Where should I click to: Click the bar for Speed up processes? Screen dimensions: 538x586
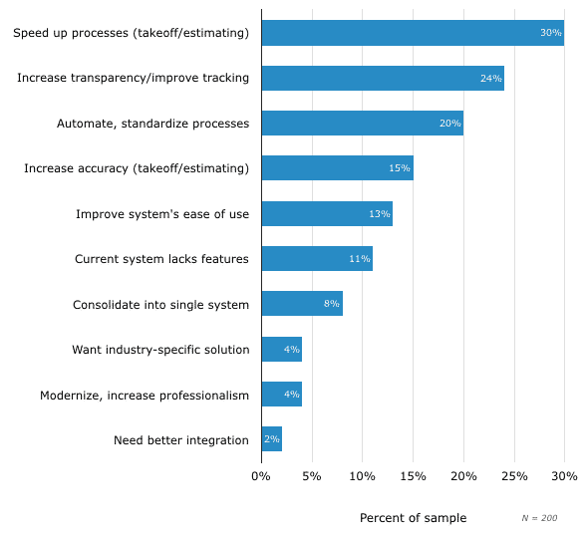(412, 33)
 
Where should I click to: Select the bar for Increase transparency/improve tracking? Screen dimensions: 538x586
(382, 78)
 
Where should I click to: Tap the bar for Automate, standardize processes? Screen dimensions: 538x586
(362, 124)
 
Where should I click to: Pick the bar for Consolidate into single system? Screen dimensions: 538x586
(301, 304)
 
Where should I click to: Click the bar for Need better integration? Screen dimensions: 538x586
(271, 439)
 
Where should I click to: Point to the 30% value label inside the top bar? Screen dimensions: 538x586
(550, 33)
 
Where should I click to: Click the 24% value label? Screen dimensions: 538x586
(490, 78)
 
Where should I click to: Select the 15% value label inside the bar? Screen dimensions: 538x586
(400, 168)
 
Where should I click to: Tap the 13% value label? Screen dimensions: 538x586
(379, 214)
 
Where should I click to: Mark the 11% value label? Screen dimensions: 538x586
(359, 259)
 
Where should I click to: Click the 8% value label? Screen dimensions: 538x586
(332, 304)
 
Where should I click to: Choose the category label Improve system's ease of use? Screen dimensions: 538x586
(162, 214)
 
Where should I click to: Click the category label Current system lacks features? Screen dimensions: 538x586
(161, 259)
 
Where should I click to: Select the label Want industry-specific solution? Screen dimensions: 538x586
(160, 350)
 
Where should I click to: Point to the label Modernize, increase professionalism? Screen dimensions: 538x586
(145, 395)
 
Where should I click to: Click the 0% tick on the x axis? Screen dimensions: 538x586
(261, 477)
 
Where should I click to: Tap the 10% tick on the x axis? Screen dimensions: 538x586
(362, 477)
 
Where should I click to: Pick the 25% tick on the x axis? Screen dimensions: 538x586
(513, 477)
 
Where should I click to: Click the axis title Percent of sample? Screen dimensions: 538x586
(413, 518)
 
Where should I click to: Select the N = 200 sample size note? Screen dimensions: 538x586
(539, 519)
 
